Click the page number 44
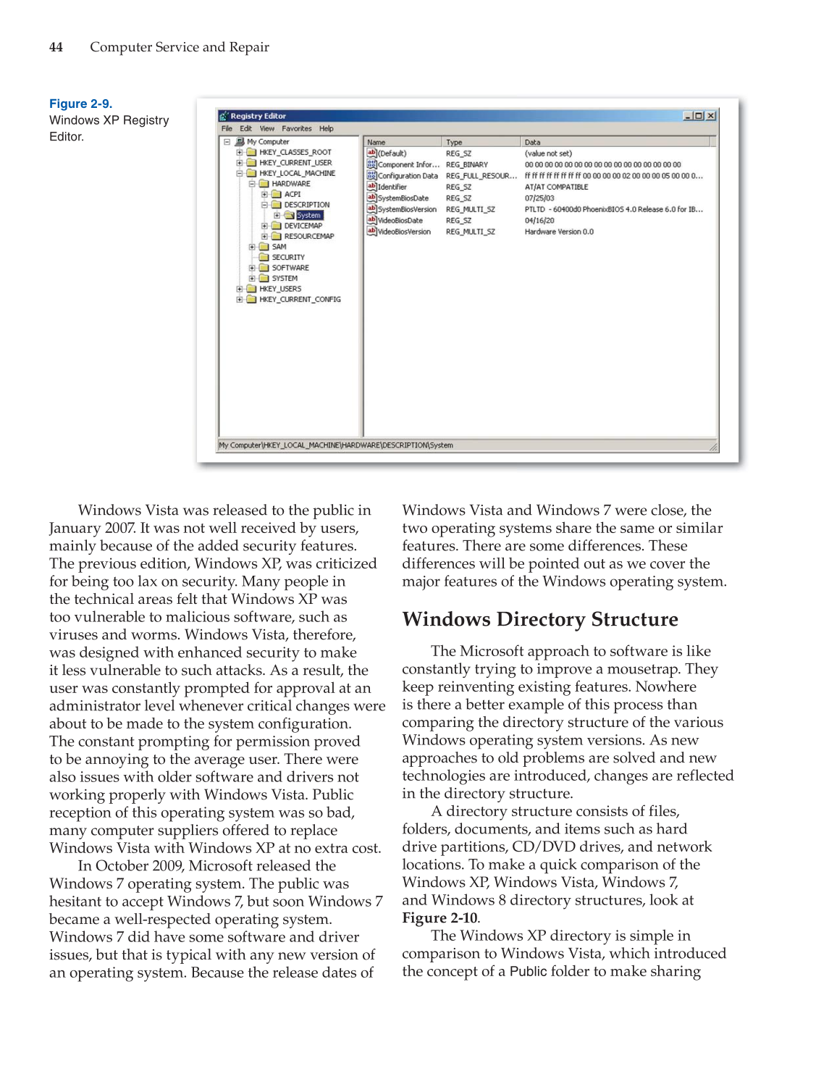point(56,47)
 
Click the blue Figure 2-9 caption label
point(80,104)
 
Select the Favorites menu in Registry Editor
point(296,129)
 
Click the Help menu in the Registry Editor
point(327,129)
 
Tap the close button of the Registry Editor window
point(711,116)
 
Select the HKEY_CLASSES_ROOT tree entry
point(295,153)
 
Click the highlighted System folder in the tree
point(308,215)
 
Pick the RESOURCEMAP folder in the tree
point(308,236)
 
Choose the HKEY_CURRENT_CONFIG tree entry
point(300,299)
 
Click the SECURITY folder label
point(288,257)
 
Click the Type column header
point(454,143)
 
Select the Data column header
point(532,143)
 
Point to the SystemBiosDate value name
point(403,198)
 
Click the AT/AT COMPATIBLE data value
point(556,187)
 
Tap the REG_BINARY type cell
point(466,165)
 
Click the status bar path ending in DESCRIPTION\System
point(336,445)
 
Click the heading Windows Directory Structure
point(540,619)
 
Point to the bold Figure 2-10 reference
point(439,918)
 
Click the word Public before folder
point(528,972)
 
